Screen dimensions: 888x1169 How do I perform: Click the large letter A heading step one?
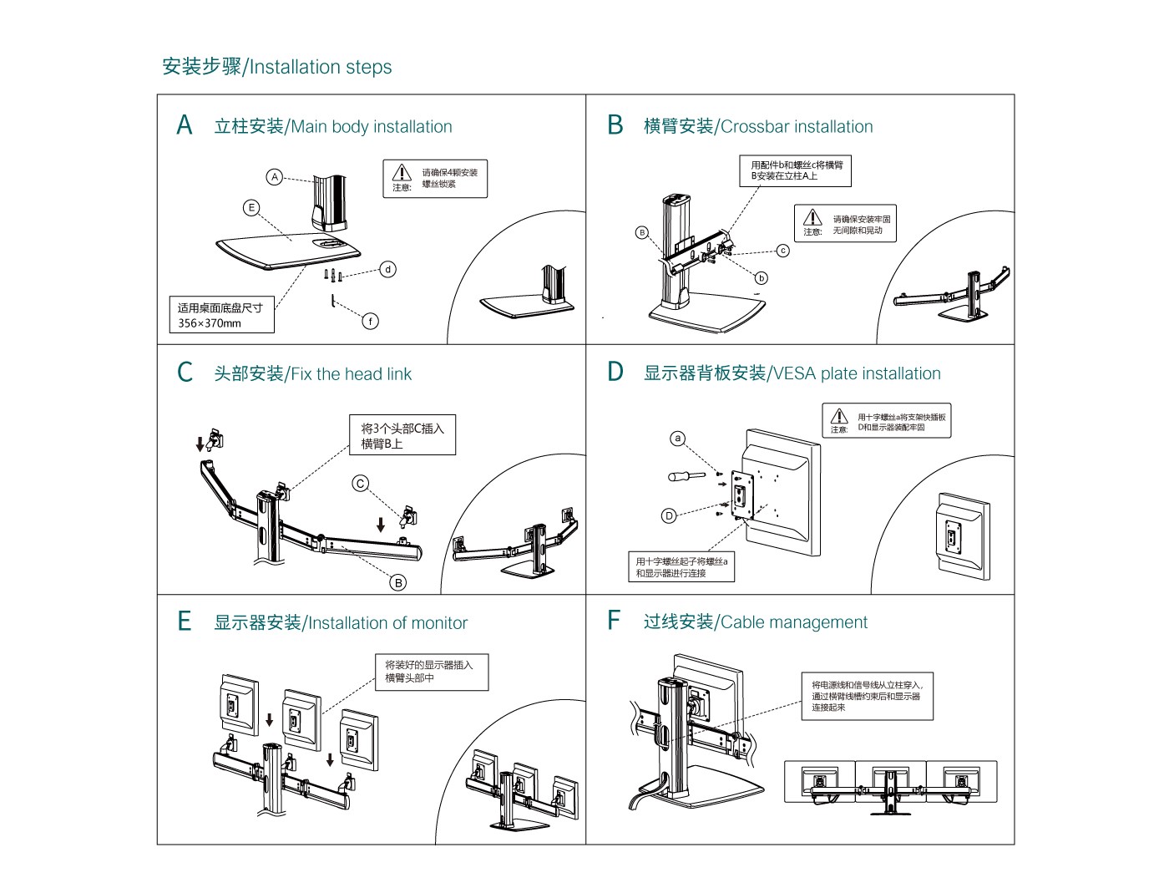pos(185,125)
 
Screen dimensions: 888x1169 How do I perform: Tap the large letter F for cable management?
pos(614,621)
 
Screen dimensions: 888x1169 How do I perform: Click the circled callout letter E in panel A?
pos(251,208)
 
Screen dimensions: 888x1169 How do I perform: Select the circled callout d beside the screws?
pos(388,269)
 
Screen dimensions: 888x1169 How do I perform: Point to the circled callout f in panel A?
pos(371,321)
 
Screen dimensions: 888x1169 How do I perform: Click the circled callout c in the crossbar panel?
pos(782,251)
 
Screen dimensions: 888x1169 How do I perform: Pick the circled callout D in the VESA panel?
pos(669,515)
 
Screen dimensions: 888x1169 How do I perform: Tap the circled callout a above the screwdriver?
pos(678,439)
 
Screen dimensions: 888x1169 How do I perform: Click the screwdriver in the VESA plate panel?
pos(686,476)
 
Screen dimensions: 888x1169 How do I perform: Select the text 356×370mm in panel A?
pos(210,323)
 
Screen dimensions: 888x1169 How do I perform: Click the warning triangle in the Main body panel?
pos(402,172)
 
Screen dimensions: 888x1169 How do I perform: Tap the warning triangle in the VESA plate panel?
pos(839,416)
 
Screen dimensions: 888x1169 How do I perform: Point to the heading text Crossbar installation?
pos(797,127)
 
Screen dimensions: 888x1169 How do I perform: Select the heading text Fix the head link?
pos(351,374)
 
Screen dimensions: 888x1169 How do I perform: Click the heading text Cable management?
pos(793,622)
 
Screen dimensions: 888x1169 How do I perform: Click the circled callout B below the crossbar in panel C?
pos(399,582)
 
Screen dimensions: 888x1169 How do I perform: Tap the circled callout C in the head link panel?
pos(361,484)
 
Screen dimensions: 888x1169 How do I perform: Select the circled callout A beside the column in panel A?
pos(275,177)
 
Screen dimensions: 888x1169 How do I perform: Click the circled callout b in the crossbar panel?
pos(761,278)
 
